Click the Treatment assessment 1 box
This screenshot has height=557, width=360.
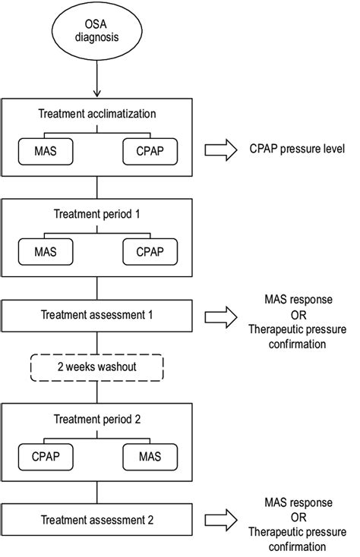click(96, 313)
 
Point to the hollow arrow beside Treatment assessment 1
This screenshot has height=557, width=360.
click(220, 313)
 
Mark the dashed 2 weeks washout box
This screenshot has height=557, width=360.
click(96, 368)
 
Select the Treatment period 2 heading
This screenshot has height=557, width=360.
click(96, 419)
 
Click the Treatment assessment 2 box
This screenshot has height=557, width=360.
click(96, 518)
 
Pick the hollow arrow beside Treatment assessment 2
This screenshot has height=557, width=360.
click(220, 518)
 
